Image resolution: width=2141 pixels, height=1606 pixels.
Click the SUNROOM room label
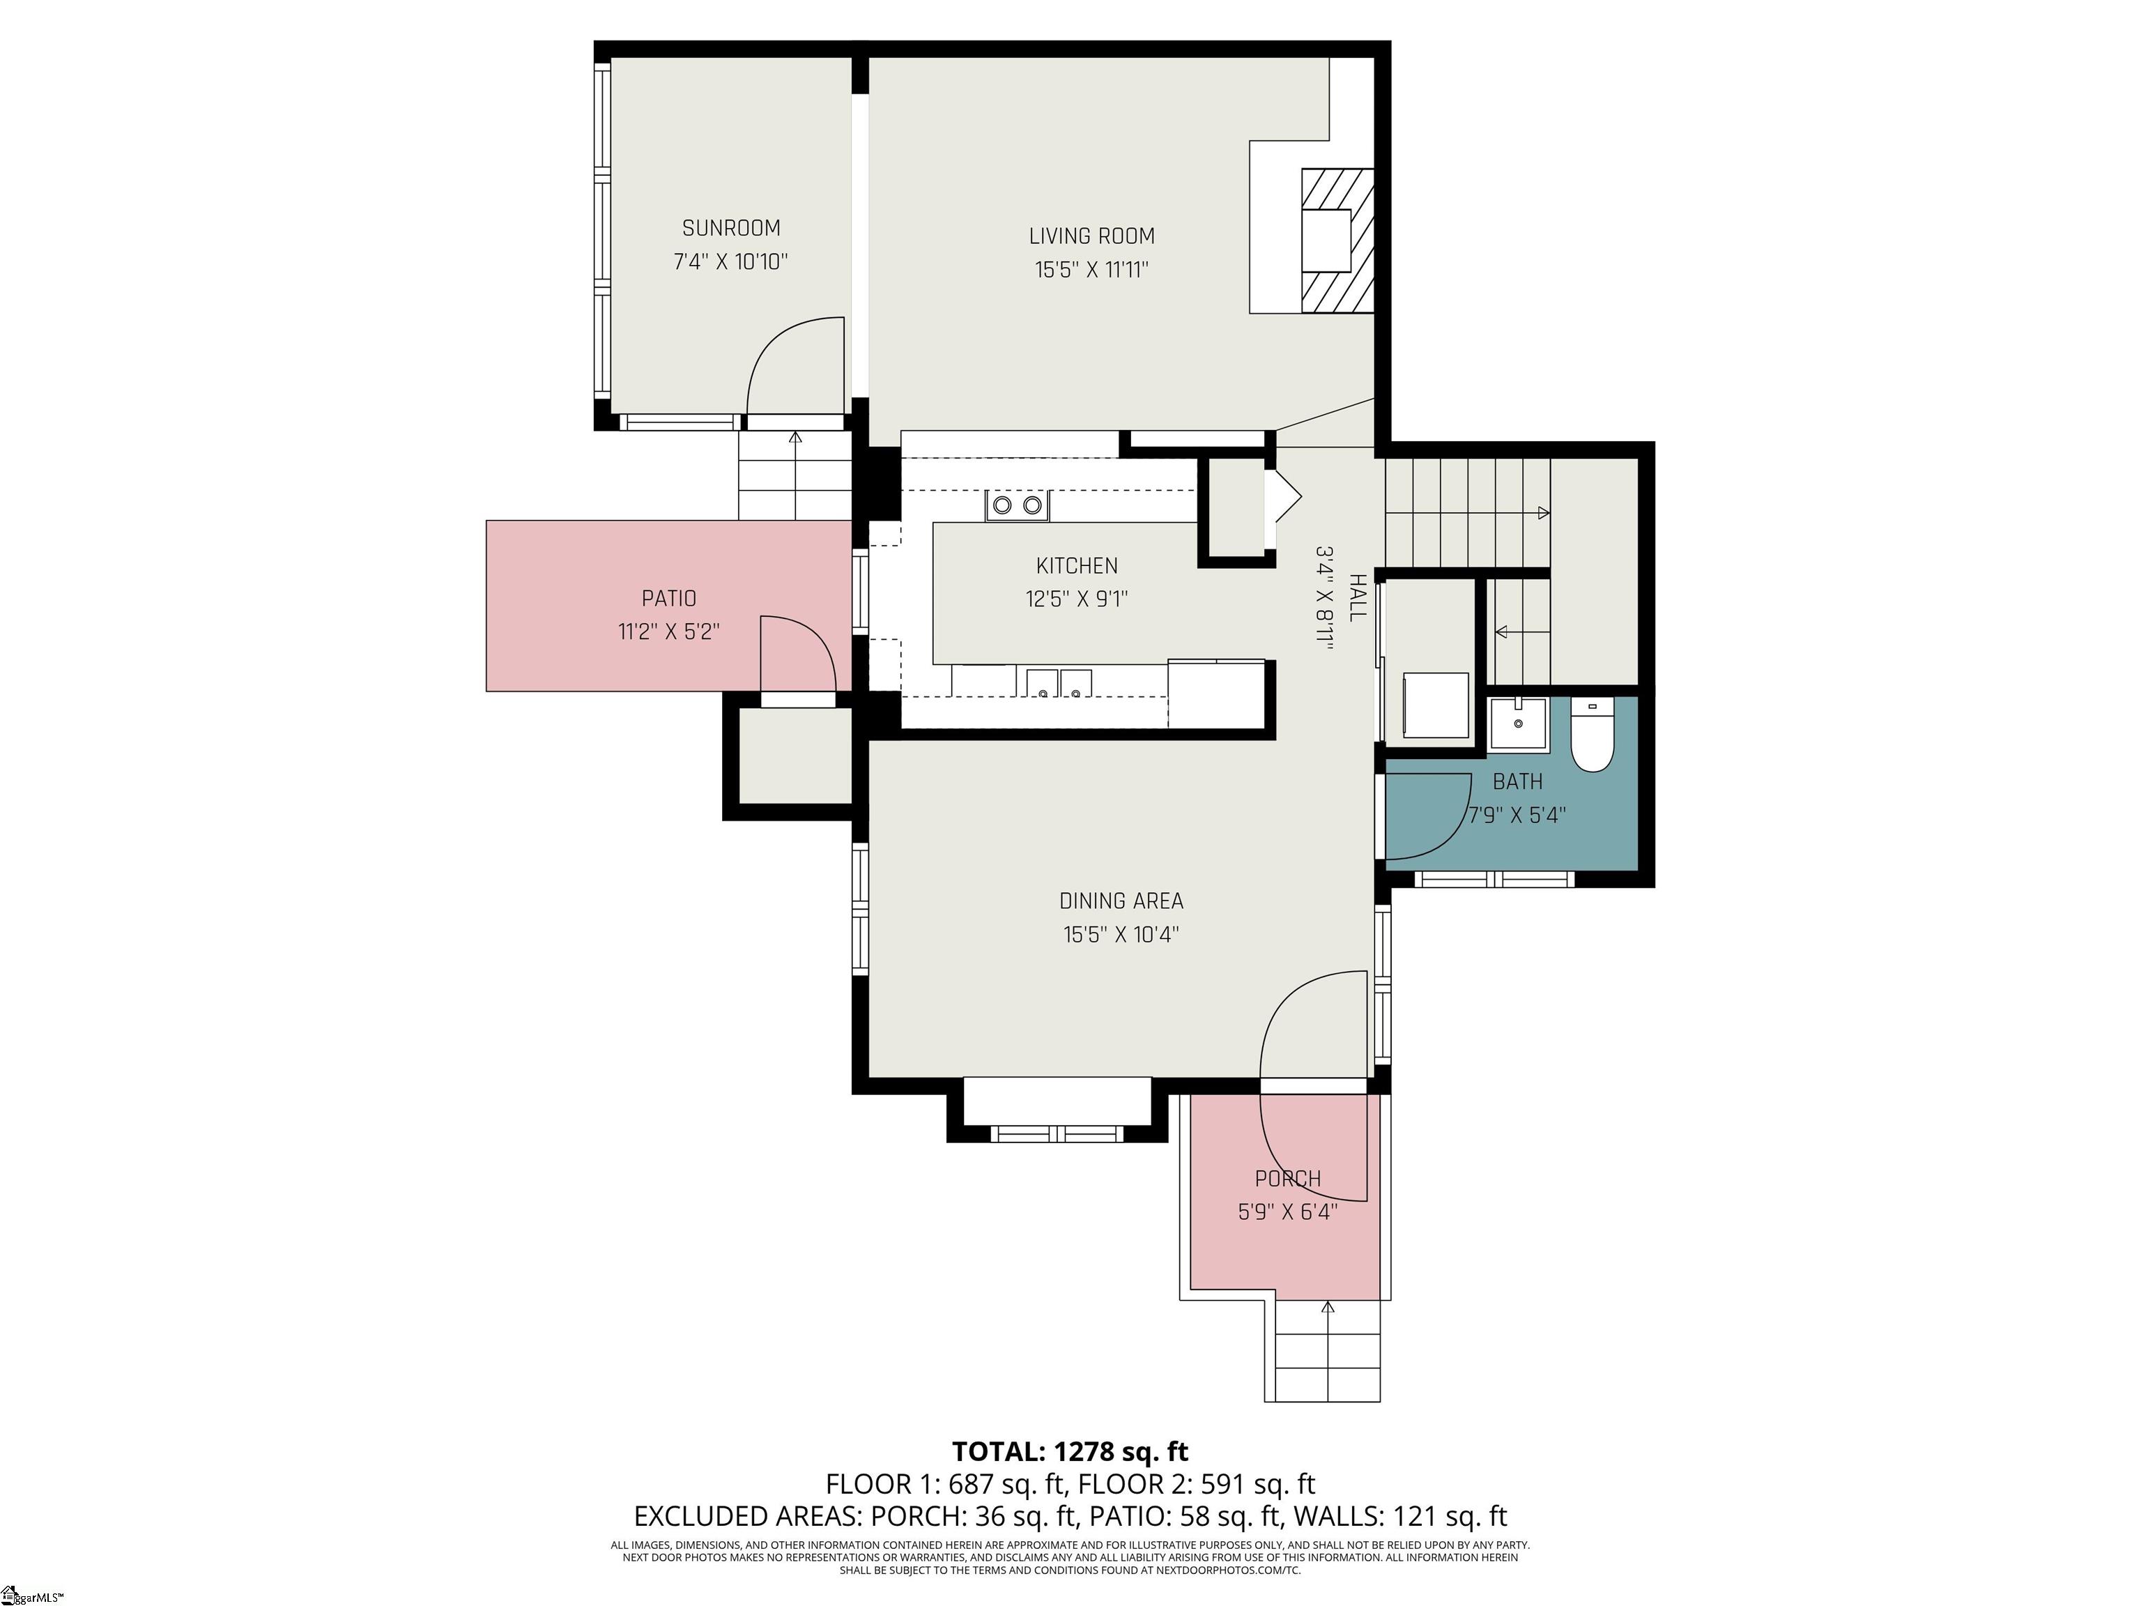(731, 229)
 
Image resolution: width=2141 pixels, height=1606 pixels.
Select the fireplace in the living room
(1336, 240)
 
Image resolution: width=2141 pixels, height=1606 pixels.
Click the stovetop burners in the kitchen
(1016, 505)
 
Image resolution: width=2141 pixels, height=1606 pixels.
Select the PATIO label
(669, 598)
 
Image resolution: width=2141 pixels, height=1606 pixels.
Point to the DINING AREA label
(1121, 901)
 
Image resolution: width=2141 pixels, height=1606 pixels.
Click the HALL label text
(1358, 598)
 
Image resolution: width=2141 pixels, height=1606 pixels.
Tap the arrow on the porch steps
(1327, 1309)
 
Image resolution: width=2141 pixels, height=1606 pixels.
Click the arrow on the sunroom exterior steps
(796, 438)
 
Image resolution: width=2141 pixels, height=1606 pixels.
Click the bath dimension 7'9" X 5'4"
(1517, 815)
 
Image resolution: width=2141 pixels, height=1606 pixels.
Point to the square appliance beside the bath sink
(1436, 705)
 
